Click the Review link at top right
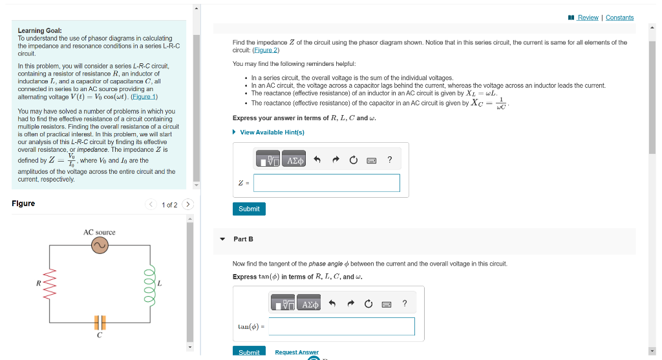pos(587,17)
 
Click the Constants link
pos(619,17)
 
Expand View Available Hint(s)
pos(272,132)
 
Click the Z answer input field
pos(326,183)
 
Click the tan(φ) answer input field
pos(341,326)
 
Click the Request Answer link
pos(297,352)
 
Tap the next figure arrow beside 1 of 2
pos(187,205)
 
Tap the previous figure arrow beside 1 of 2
pos(151,205)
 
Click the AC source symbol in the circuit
pos(99,246)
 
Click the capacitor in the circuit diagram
pos(99,321)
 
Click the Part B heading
pos(243,239)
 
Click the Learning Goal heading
pos(40,30)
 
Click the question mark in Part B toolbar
pos(405,304)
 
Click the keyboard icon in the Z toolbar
pos(371,160)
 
